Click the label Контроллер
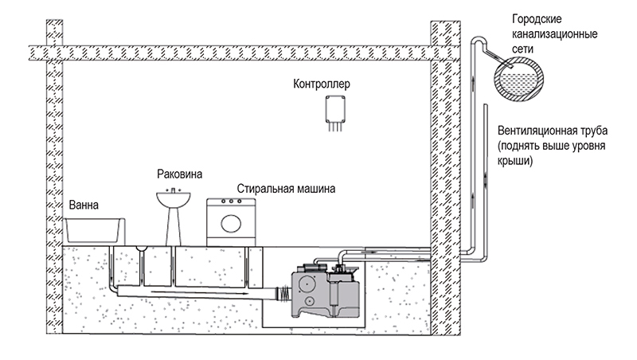322,84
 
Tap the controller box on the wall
335,109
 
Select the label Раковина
180,174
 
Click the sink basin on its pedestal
174,199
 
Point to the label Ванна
84,205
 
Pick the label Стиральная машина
286,189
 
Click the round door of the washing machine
231,224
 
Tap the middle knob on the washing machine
231,202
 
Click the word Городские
537,19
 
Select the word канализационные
554,34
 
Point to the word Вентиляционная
531,131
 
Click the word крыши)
514,161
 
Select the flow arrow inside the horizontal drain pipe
198,292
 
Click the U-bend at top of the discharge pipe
479,39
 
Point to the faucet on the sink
174,190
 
